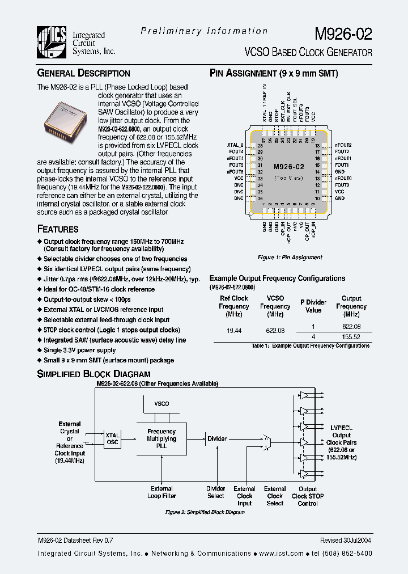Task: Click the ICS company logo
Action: coord(52,42)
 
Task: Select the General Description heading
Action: coord(83,73)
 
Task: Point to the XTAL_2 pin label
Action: coord(235,146)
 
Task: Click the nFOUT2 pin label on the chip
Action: coord(343,146)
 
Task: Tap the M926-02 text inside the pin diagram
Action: coord(288,167)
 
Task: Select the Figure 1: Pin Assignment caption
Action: coord(290,258)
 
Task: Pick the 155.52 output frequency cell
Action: coord(351,336)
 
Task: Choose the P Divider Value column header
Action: coord(313,306)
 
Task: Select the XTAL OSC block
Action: coord(112,439)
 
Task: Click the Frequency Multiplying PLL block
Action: coord(161,439)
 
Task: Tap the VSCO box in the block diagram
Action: coord(161,403)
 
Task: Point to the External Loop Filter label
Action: coord(161,492)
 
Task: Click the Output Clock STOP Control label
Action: coord(308,496)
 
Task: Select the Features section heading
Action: coord(58,229)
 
